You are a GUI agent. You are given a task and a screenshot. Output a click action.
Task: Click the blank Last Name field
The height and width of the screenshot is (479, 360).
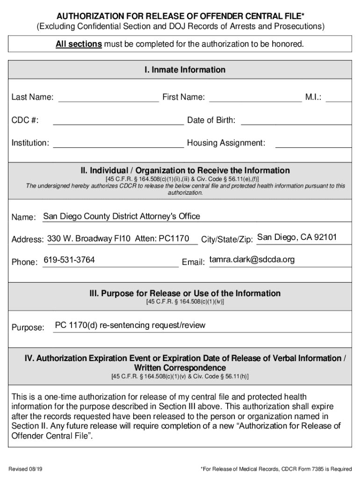click(x=108, y=98)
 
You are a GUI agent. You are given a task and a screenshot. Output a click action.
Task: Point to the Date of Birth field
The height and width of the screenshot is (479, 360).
click(x=295, y=121)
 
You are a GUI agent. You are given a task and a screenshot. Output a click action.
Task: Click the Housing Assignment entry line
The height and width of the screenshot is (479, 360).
click(x=313, y=143)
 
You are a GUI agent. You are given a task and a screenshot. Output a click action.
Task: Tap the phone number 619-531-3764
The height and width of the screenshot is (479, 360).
click(x=69, y=260)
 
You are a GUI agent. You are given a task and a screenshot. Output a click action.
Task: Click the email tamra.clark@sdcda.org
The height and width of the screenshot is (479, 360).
click(x=252, y=260)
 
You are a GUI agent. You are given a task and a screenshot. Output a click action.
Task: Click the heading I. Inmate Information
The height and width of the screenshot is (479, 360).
click(x=185, y=70)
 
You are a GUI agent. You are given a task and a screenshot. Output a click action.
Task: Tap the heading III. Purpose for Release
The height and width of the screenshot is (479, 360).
click(x=185, y=294)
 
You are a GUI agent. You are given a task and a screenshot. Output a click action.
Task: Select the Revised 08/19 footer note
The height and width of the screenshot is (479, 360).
click(x=27, y=468)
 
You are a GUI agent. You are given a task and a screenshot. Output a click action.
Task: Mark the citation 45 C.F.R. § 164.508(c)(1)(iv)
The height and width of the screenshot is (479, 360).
click(x=185, y=302)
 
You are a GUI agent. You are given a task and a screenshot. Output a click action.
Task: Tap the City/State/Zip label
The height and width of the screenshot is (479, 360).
click(x=227, y=239)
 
